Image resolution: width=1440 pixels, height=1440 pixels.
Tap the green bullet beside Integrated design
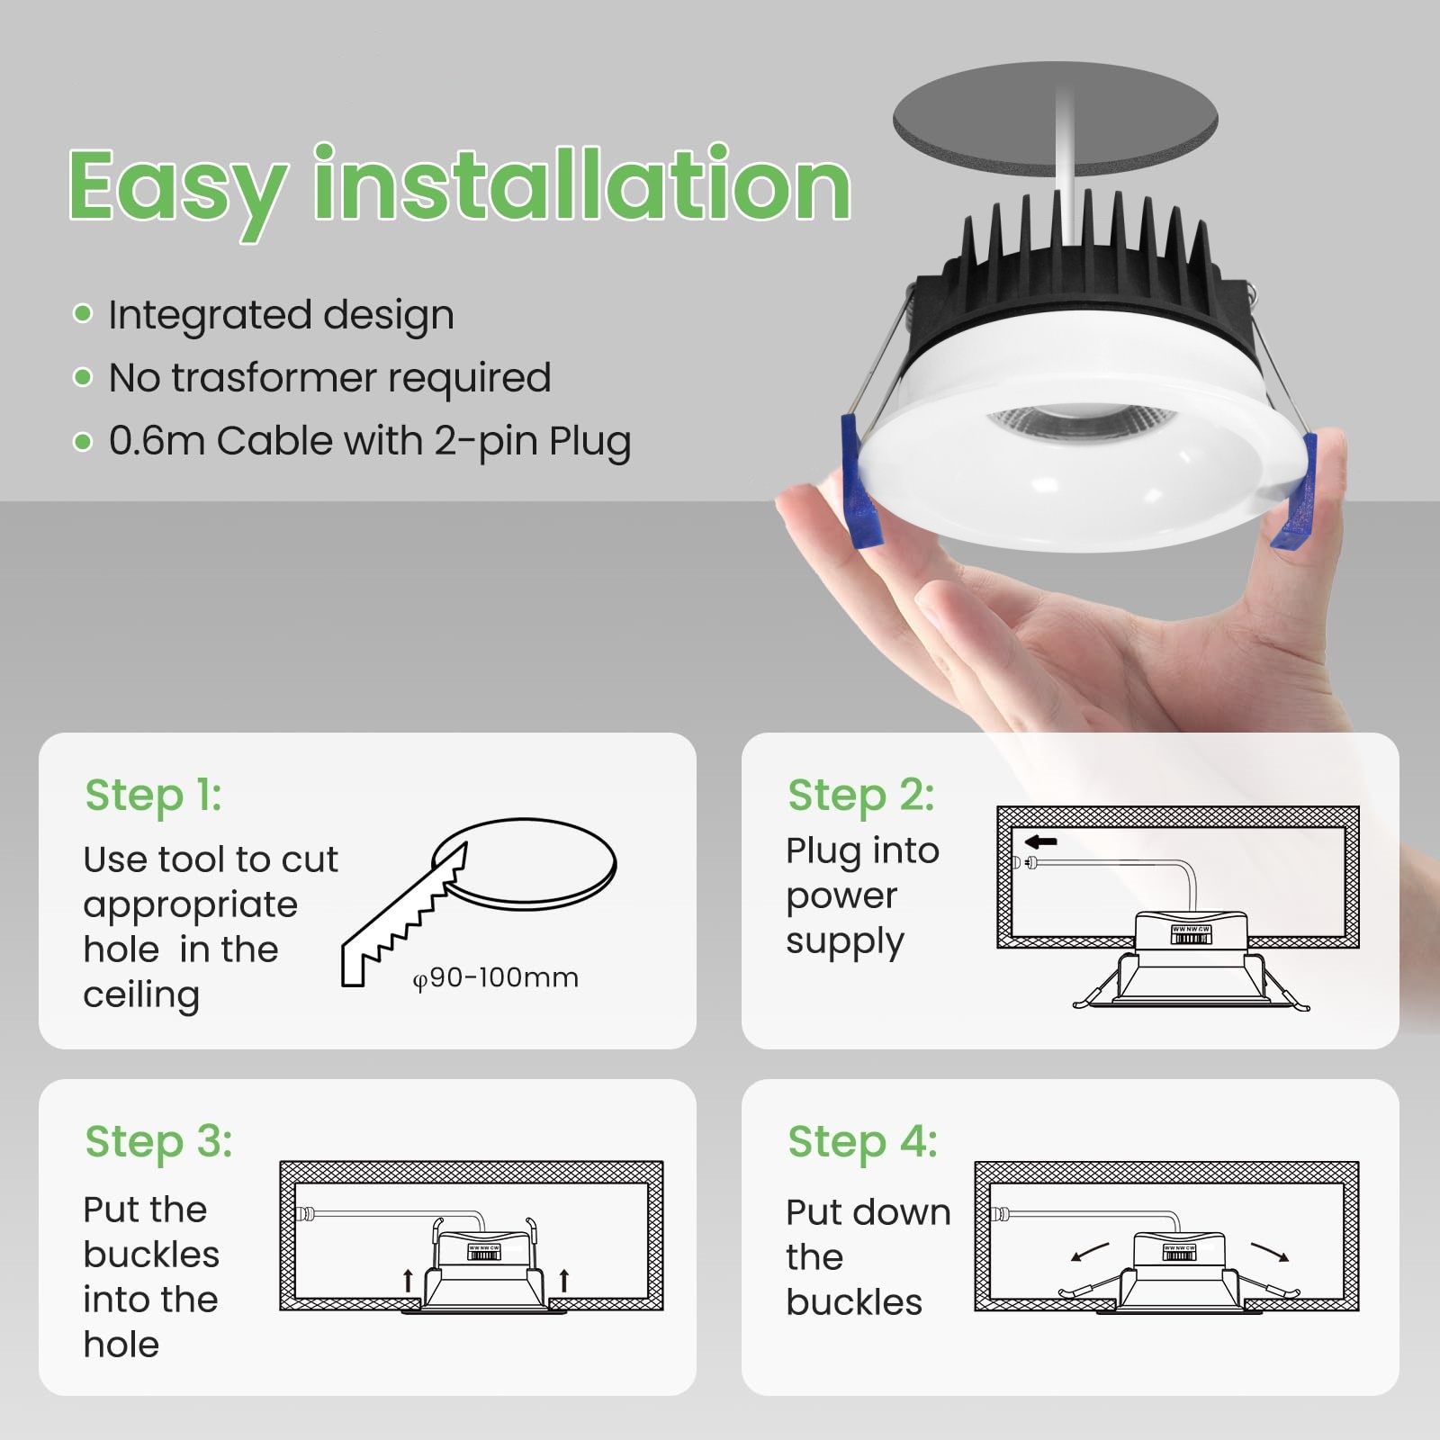(83, 313)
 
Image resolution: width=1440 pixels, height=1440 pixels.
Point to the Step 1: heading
(153, 796)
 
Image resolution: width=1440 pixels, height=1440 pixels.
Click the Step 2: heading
(861, 796)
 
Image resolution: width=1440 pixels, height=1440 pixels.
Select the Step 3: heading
(159, 1142)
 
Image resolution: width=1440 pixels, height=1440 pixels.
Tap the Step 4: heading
(863, 1142)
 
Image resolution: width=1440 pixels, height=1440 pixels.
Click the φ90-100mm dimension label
(496, 977)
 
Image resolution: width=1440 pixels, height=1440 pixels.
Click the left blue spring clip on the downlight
(860, 481)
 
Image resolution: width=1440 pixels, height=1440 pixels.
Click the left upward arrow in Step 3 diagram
(408, 1280)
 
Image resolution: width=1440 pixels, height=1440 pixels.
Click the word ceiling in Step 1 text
(141, 995)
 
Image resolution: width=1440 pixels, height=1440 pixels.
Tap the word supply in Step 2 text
(844, 942)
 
